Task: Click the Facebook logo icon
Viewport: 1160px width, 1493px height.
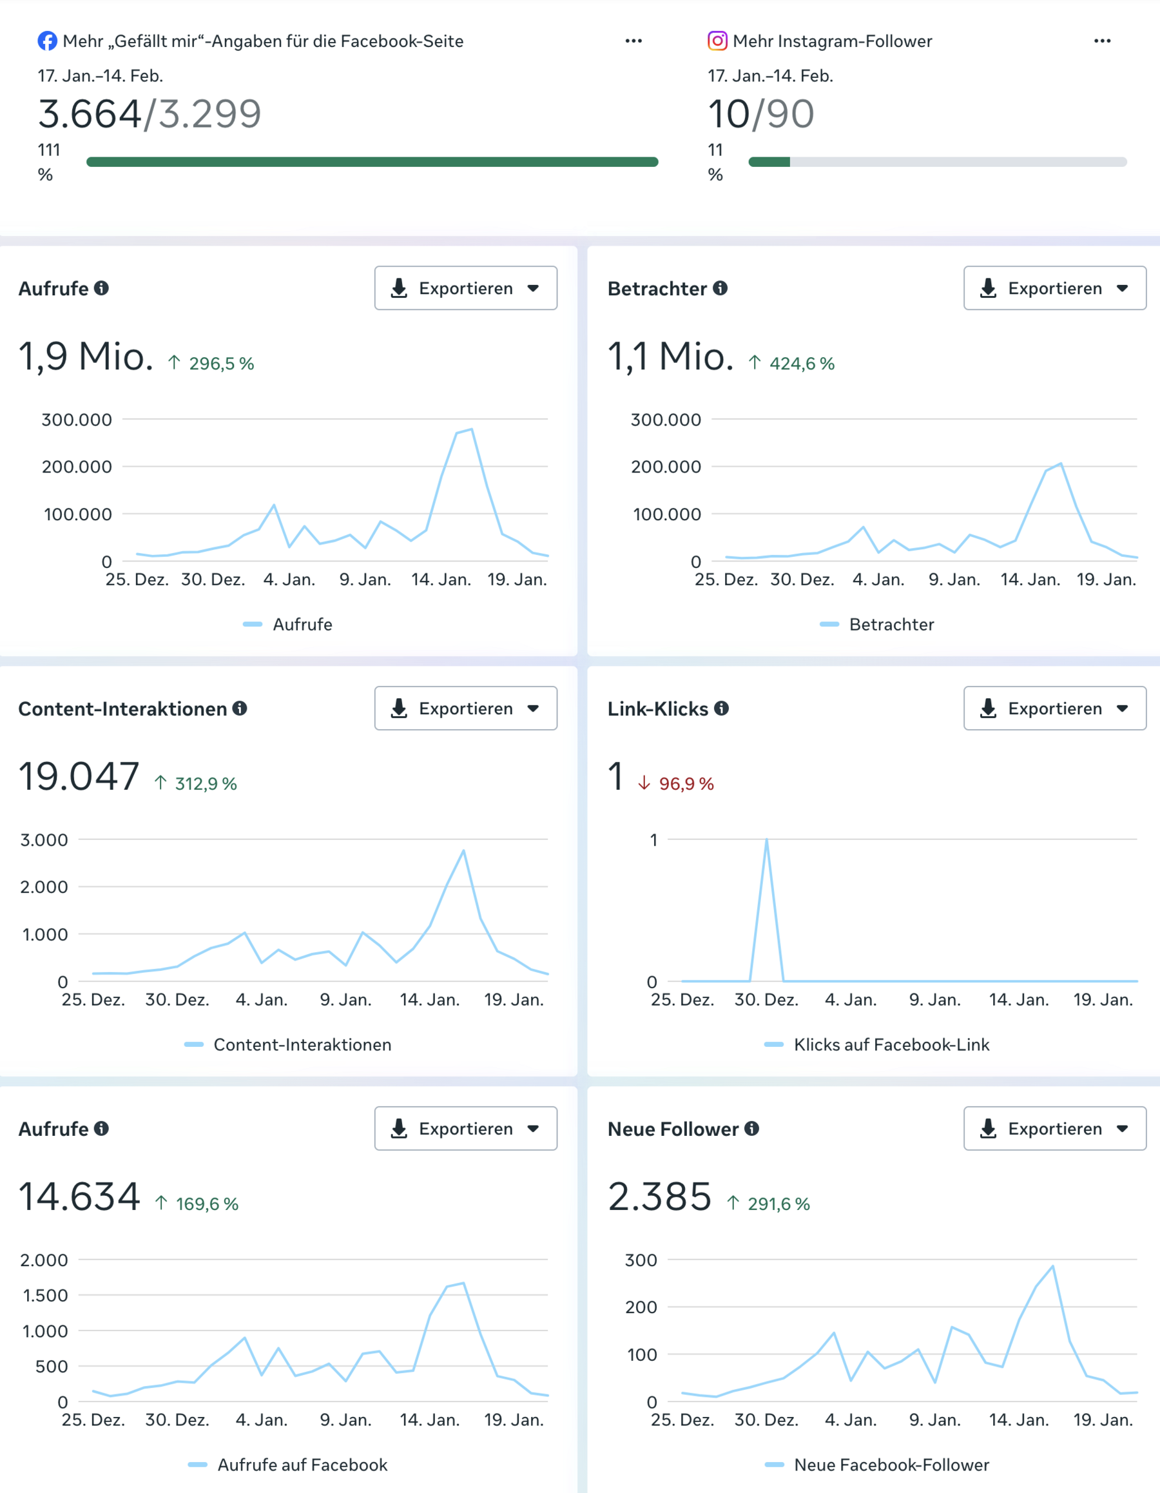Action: pos(47,41)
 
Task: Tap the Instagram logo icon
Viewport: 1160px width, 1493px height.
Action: pos(717,41)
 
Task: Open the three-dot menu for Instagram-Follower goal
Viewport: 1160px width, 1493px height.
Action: pos(1102,41)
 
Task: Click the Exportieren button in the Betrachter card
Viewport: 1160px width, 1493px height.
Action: pos(1054,289)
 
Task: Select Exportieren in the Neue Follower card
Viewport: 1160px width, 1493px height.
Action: pos(1054,1129)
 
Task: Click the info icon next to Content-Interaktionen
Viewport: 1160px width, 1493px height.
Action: pos(240,708)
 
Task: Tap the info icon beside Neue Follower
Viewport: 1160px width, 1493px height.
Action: pos(752,1129)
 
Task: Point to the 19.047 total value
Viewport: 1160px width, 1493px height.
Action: pos(79,777)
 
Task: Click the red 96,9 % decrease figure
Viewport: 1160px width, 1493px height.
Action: pos(686,784)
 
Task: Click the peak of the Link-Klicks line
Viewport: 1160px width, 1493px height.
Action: pos(766,839)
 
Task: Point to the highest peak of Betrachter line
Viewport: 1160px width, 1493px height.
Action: pos(1061,464)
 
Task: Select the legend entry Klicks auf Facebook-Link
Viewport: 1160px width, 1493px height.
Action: pos(891,1044)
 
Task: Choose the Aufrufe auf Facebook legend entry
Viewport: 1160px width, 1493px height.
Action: pos(302,1465)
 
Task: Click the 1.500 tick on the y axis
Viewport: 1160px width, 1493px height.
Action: pos(45,1296)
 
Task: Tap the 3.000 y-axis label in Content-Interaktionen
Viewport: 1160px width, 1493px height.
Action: pos(44,839)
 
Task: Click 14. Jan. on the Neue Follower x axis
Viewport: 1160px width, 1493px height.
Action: pos(1018,1420)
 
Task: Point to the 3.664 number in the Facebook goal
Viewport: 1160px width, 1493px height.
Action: pos(90,113)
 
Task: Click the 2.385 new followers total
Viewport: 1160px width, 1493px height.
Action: pos(660,1197)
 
